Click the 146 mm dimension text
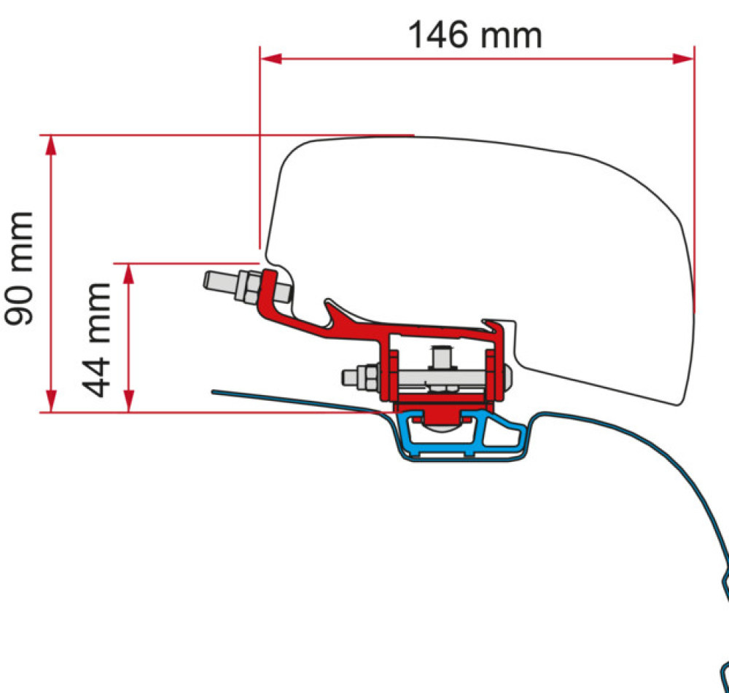pos(475,34)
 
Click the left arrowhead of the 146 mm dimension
pos(270,58)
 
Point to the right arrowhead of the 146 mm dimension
pos(684,58)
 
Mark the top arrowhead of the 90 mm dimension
pos(51,144)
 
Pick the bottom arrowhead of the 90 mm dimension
pos(51,402)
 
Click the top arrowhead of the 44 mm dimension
pos(129,273)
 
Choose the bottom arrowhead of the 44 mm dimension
pos(129,402)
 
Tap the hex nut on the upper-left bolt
pos(245,286)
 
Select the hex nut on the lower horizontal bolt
pos(368,378)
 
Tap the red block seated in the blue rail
pos(436,415)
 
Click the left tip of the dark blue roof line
pos(214,392)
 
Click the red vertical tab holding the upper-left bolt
pos(269,286)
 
